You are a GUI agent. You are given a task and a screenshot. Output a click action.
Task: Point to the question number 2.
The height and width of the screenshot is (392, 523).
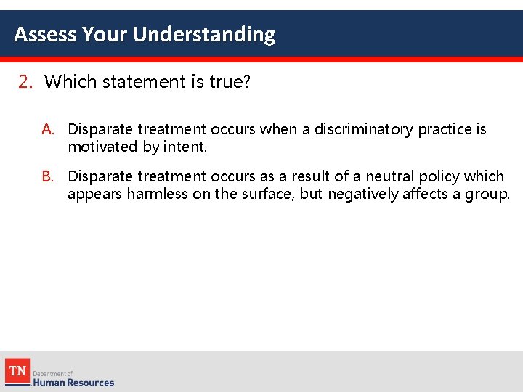pos(25,82)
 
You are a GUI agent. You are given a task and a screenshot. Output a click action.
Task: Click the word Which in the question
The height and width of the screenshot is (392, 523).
pos(70,82)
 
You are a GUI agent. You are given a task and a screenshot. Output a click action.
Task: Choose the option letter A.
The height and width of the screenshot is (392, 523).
pos(48,130)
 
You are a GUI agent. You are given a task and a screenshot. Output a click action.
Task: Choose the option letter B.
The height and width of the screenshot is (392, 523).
pos(48,176)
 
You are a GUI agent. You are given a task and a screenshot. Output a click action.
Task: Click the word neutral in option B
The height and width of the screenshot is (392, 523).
pos(392,176)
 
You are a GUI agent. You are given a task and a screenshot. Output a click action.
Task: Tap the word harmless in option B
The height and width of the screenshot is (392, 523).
pos(158,194)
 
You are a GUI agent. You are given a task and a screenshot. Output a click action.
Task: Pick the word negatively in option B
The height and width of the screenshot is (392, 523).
pos(362,194)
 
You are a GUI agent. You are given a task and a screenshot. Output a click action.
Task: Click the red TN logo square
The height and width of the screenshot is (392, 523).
pos(17,371)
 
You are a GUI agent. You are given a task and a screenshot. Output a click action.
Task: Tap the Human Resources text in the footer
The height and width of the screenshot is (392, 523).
pos(73,383)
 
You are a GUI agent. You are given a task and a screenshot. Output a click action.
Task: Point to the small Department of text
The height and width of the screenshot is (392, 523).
pos(53,373)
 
